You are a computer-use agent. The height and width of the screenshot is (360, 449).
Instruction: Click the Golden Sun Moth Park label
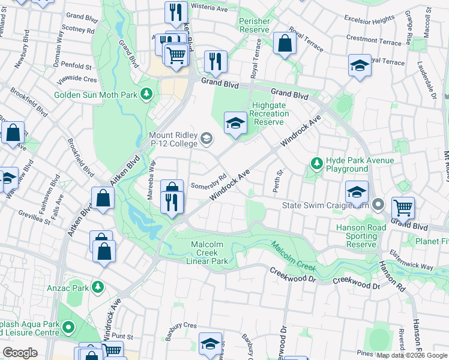click(96, 95)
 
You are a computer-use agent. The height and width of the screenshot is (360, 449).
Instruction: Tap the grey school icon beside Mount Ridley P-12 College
click(206, 139)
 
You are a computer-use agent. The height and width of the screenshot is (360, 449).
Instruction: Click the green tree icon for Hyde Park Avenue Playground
click(316, 163)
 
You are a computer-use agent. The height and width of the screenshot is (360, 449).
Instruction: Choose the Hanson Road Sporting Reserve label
click(357, 236)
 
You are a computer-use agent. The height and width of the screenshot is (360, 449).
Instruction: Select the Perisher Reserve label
click(255, 25)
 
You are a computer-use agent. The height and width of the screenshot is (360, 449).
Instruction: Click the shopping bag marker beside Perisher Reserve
click(285, 43)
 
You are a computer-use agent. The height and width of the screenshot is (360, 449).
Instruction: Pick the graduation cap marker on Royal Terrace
click(360, 65)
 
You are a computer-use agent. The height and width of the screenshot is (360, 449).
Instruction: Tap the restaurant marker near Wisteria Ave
click(176, 12)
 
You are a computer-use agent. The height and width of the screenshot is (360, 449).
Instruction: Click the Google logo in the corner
click(20, 353)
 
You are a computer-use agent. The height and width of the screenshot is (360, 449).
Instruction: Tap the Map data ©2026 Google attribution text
click(412, 355)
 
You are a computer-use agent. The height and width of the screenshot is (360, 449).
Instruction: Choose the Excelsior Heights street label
click(370, 20)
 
